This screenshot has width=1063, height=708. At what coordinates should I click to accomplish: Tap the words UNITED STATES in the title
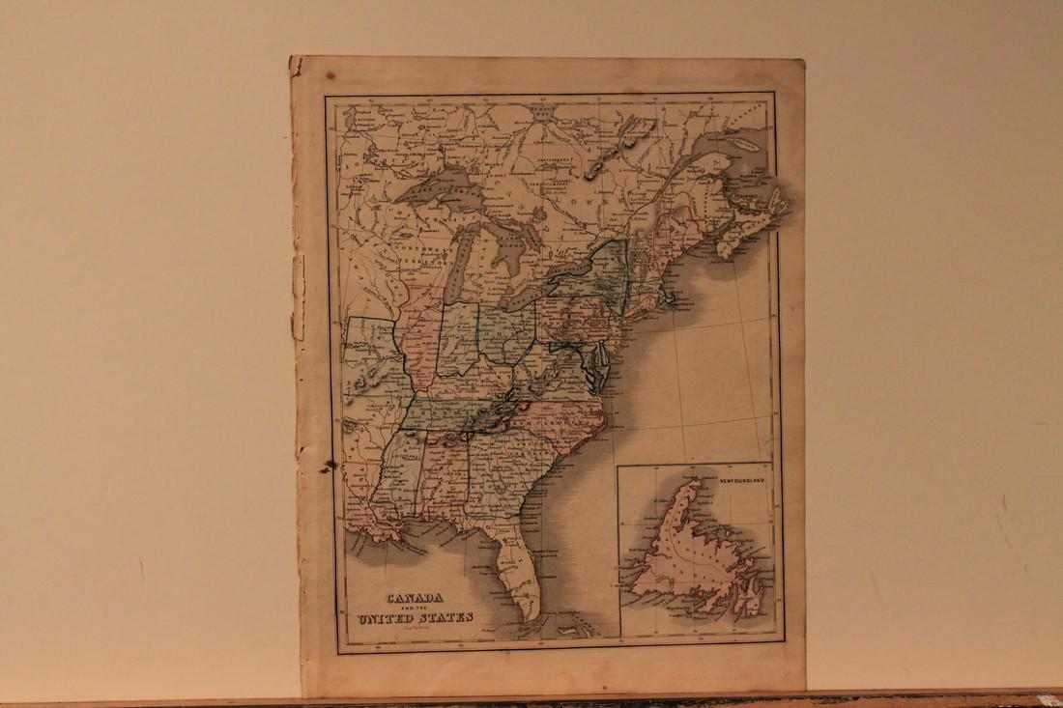[x=415, y=617]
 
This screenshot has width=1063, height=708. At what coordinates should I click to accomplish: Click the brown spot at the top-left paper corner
[x=330, y=73]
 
